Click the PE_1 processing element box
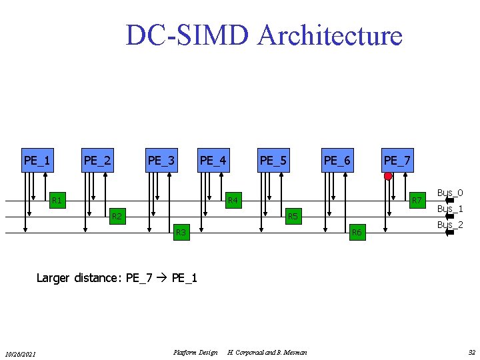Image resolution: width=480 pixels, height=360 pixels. tap(37, 160)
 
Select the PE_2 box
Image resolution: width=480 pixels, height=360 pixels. tap(97, 160)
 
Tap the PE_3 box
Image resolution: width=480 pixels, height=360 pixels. tap(161, 160)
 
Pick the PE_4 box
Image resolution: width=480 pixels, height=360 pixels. tap(213, 160)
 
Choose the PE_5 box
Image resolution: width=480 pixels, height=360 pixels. tap(273, 160)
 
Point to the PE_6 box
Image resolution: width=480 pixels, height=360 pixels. tap(337, 160)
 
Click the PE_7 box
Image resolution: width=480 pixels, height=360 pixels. tap(397, 160)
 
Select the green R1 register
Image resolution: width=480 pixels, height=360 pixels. tap(57, 200)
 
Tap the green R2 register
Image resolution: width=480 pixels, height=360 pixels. tap(117, 216)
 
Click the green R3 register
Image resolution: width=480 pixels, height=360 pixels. tap(179, 232)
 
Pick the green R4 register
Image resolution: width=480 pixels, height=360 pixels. tap(233, 200)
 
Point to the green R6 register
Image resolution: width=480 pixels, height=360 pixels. tap(357, 232)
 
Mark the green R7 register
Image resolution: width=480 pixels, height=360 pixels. tap(417, 200)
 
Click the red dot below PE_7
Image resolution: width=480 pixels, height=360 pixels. tap(388, 177)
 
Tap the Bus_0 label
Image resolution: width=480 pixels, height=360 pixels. tap(450, 193)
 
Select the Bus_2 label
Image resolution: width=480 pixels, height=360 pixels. tap(450, 225)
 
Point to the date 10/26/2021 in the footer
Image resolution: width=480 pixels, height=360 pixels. tap(21, 353)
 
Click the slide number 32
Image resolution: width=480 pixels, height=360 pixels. tap(471, 352)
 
